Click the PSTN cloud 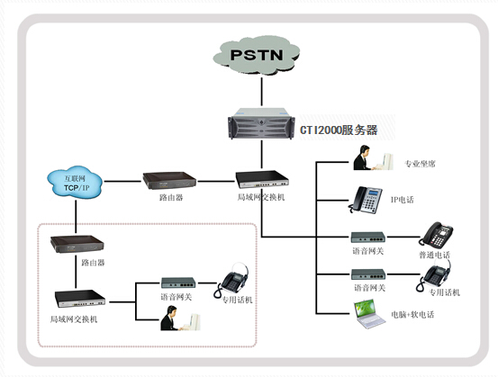pyautogui.click(x=257, y=56)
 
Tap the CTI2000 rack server pyautogui.click(x=261, y=124)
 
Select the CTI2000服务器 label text pyautogui.click(x=339, y=130)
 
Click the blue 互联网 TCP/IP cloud pyautogui.click(x=76, y=183)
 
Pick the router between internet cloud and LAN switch pyautogui.click(x=169, y=180)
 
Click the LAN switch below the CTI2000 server pyautogui.click(x=262, y=179)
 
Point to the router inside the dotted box pyautogui.click(x=77, y=244)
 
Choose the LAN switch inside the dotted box pyautogui.click(x=80, y=299)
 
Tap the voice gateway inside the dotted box pyautogui.click(x=178, y=283)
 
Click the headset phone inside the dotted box pyautogui.click(x=232, y=280)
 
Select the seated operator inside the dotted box pyautogui.click(x=180, y=318)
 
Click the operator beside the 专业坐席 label pyautogui.click(x=373, y=157)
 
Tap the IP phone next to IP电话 pyautogui.click(x=366, y=200)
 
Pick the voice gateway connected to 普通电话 pyautogui.click(x=368, y=237)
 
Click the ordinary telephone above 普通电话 pyautogui.click(x=436, y=235)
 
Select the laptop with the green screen pyautogui.click(x=369, y=313)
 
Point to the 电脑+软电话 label pyautogui.click(x=412, y=315)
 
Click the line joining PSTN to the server pyautogui.click(x=262, y=92)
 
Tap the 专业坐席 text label pyautogui.click(x=420, y=164)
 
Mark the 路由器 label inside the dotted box pyautogui.click(x=93, y=263)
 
